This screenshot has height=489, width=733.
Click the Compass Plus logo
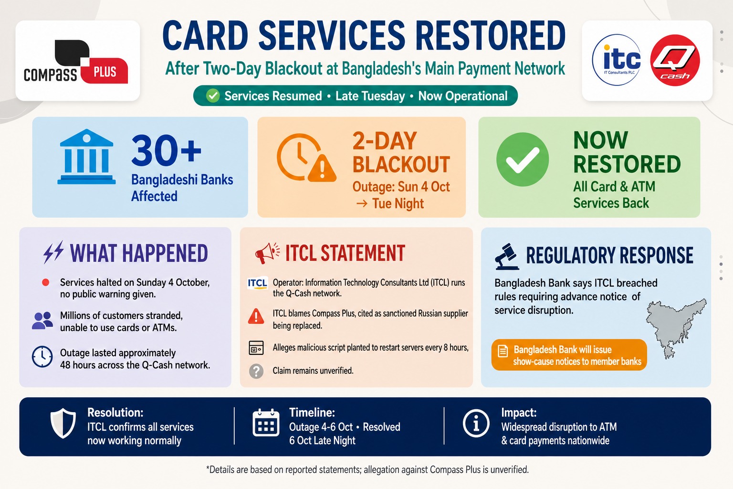tap(76, 61)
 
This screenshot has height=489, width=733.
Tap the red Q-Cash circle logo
tap(675, 60)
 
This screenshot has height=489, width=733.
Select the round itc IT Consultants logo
tap(617, 60)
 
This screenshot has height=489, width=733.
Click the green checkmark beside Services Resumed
tap(213, 96)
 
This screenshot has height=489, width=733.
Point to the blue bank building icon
tap(86, 157)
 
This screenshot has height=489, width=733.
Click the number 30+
tap(166, 151)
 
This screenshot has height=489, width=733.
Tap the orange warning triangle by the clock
tap(322, 168)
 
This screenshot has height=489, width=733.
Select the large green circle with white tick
tap(523, 159)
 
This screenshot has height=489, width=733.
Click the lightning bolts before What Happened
tap(53, 252)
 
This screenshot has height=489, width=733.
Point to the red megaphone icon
tap(267, 253)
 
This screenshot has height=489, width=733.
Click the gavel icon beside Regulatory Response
tap(507, 256)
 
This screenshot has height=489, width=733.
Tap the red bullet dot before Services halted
tap(45, 283)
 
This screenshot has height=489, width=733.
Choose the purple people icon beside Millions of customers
tap(42, 320)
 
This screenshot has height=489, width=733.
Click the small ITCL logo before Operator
tap(257, 283)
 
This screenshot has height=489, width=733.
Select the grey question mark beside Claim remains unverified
tap(256, 372)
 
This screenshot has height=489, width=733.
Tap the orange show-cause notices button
tap(569, 355)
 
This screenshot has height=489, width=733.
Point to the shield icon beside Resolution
tap(63, 423)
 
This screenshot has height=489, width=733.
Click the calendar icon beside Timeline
tap(266, 423)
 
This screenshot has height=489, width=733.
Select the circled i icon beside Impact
tap(476, 424)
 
